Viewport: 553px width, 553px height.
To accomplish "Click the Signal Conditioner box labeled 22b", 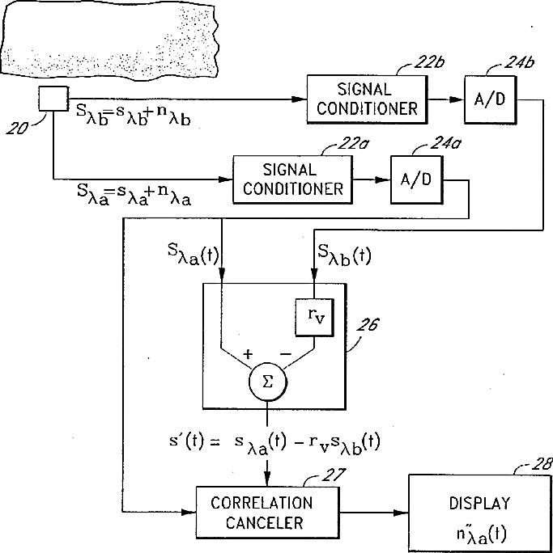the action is click(367, 99).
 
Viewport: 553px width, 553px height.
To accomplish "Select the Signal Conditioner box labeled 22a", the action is click(292, 179).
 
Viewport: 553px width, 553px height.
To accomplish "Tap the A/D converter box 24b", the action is click(490, 99).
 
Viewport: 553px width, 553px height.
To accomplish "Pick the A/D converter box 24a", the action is click(416, 179).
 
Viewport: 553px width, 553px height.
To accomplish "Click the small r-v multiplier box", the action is click(314, 318).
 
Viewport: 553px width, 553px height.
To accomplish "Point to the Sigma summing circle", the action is click(268, 382).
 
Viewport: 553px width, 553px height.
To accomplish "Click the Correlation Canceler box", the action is click(267, 513).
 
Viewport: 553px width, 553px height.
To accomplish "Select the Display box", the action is click(479, 513).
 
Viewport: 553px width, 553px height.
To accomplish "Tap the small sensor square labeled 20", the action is click(53, 99).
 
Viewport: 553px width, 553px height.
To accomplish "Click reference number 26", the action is click(368, 324).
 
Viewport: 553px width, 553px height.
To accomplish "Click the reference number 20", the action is click(17, 128).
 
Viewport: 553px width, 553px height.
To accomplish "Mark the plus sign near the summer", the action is click(249, 354).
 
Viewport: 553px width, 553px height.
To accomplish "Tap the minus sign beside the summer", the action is click(286, 354).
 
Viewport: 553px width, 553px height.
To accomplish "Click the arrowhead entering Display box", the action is click(401, 513).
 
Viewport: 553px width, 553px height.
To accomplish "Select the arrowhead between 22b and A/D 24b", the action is click(457, 99).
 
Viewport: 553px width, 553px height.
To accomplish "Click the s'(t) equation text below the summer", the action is click(274, 444).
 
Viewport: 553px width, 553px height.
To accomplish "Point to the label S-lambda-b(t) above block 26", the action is click(344, 255).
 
